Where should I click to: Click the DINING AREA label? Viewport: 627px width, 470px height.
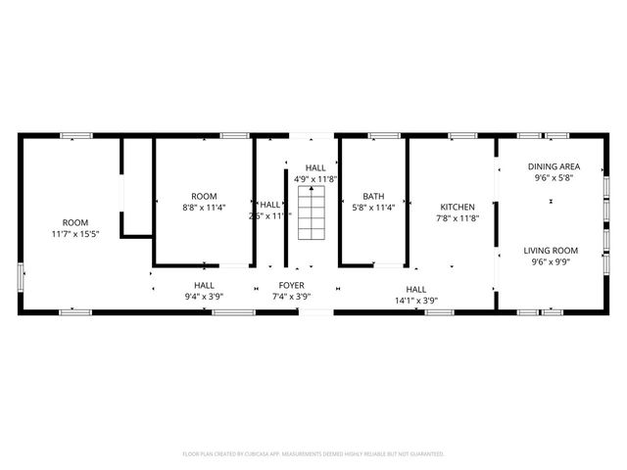coord(554,166)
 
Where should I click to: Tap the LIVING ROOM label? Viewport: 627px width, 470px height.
coord(551,250)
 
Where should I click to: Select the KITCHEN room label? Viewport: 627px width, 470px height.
coord(458,207)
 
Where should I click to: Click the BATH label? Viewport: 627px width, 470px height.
coord(373,196)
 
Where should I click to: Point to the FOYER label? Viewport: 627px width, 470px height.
coord(291,285)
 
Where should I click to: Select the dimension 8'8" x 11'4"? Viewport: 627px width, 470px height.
coord(204,208)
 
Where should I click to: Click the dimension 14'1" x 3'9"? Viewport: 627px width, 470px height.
coord(416,301)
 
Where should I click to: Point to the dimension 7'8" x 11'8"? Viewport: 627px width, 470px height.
coord(458,218)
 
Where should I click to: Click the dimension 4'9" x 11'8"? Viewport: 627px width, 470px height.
coord(315,179)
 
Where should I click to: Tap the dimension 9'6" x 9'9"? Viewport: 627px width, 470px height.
coord(551,261)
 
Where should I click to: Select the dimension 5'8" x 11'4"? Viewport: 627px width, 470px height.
coord(373,208)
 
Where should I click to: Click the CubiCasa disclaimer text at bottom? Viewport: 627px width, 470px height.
coord(313,454)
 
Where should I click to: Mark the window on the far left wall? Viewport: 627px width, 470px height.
coord(21,275)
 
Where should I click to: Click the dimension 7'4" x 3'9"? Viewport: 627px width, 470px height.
coord(291,296)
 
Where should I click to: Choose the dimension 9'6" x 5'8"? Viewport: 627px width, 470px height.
coord(554,178)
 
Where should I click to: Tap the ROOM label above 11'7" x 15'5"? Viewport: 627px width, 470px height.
coord(75,223)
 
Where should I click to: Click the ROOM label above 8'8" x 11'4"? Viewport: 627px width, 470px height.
coord(204,196)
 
